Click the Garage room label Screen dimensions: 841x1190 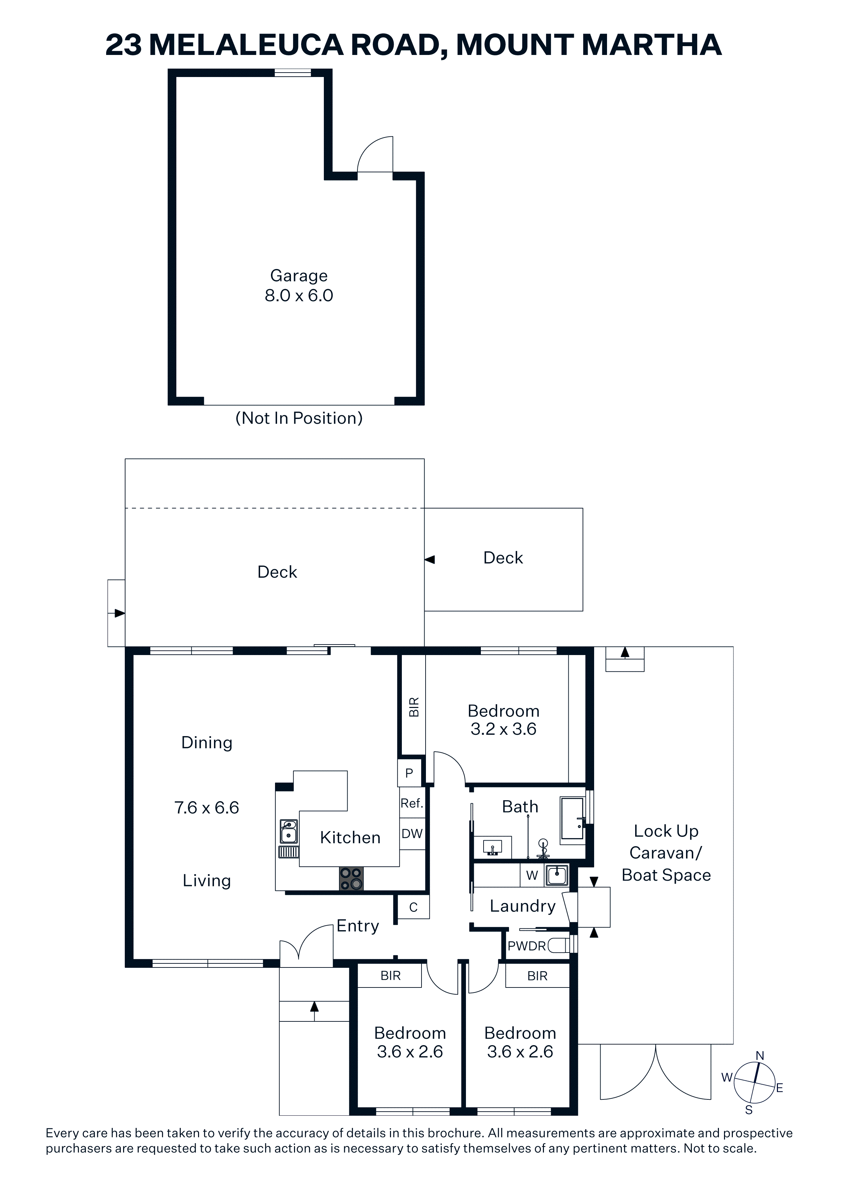[x=299, y=276]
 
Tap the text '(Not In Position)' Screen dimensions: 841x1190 [x=299, y=418]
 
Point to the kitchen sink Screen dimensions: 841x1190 [x=289, y=831]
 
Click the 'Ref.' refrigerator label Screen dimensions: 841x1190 [x=412, y=803]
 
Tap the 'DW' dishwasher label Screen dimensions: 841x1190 [x=412, y=833]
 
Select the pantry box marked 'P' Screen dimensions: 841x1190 [x=409, y=773]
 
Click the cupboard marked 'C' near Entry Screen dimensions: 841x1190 [x=413, y=907]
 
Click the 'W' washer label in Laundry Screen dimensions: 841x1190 [x=532, y=876]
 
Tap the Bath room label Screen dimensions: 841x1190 [x=520, y=807]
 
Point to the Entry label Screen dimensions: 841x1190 [x=357, y=926]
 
